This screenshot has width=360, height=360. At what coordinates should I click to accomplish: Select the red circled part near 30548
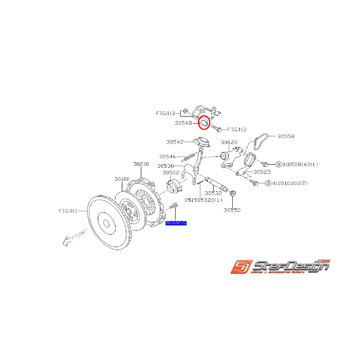[204, 123]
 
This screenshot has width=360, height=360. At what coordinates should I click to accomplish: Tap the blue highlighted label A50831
[176, 223]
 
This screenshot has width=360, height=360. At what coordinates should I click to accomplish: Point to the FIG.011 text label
[68, 211]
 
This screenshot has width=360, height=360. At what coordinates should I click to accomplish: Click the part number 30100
[122, 179]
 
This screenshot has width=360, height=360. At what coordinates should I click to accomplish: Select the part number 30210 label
[141, 164]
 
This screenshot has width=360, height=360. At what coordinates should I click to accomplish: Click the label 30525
[262, 172]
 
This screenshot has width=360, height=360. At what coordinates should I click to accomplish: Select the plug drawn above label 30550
[233, 193]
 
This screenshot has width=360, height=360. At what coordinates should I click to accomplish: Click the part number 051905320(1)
[203, 200]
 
